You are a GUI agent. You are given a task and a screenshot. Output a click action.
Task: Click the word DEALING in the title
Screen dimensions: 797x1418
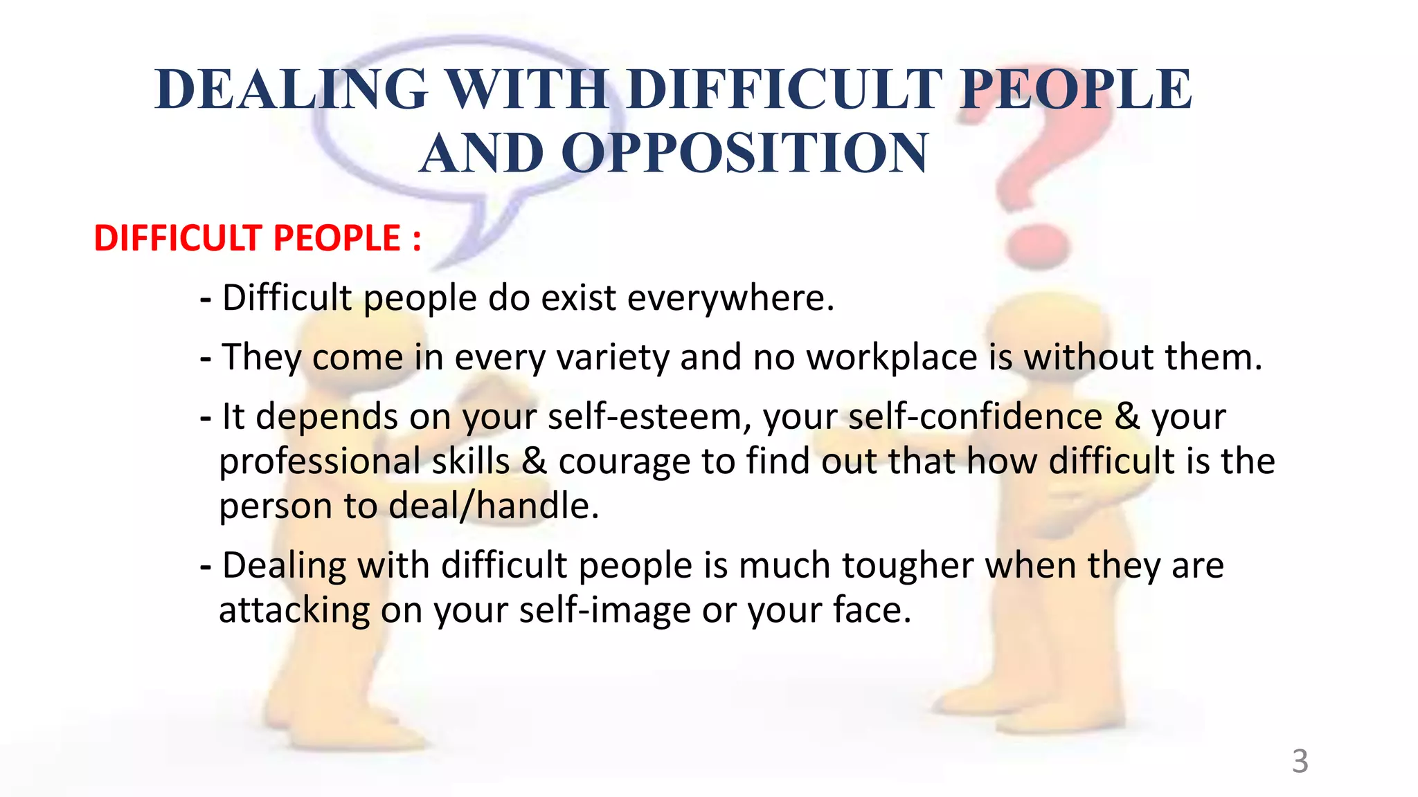pyautogui.click(x=291, y=90)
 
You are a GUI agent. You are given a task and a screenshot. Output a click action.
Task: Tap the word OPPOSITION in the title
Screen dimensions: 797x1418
pyautogui.click(x=744, y=154)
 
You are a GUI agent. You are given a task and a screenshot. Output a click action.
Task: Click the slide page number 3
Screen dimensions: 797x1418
pyautogui.click(x=1300, y=762)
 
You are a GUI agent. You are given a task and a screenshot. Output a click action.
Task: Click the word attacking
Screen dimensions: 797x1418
pyautogui.click(x=294, y=610)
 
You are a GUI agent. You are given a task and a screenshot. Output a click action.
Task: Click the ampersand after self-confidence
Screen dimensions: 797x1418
pyautogui.click(x=1127, y=417)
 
